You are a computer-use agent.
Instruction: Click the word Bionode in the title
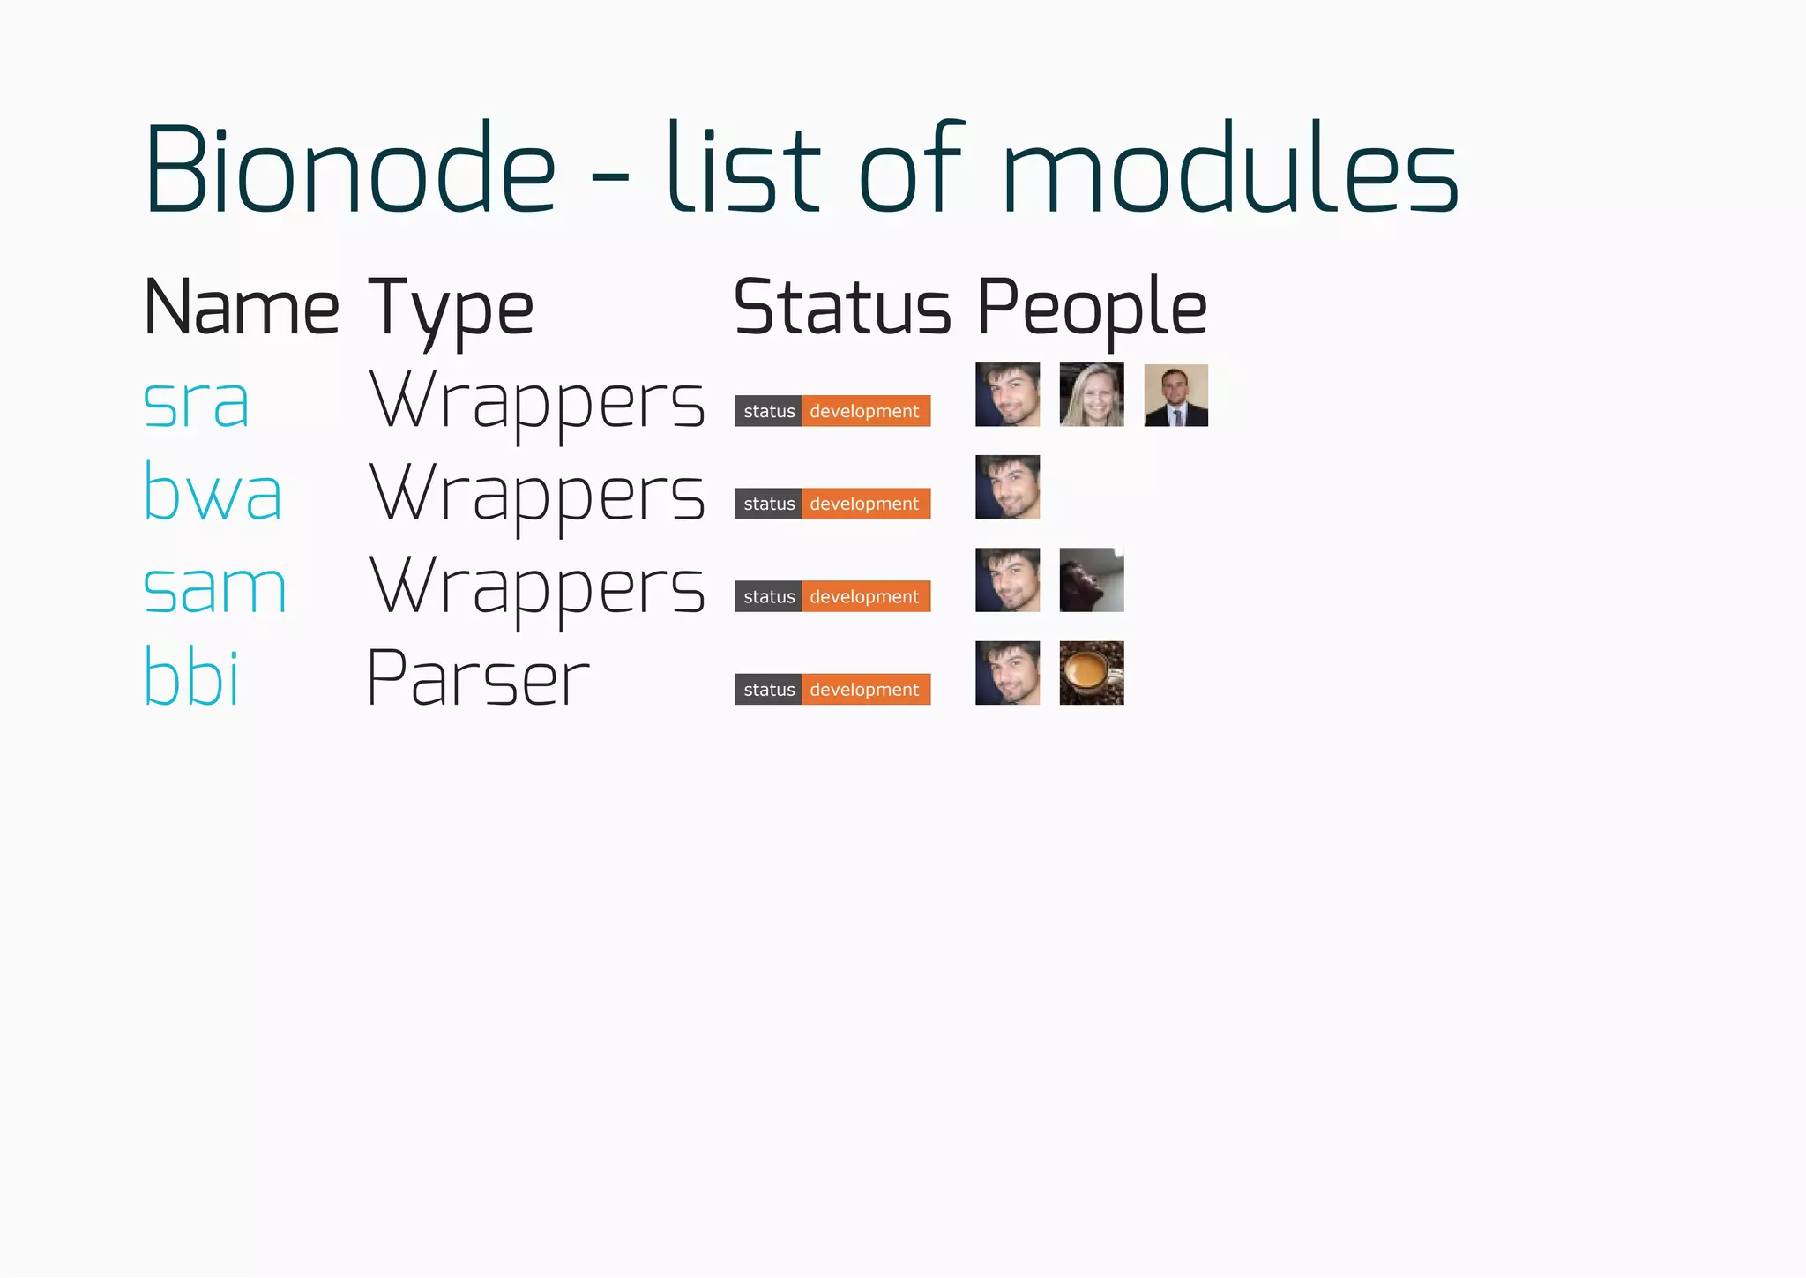tap(350, 169)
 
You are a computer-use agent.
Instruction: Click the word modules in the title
tap(1230, 169)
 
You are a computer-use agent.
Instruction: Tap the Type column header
tap(451, 309)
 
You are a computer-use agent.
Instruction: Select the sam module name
tap(215, 587)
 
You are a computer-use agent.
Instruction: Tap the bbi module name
tap(191, 677)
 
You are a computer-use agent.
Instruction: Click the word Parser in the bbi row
tap(477, 678)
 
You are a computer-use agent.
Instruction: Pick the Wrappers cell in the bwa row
tap(537, 494)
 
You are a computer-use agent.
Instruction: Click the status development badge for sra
tap(832, 411)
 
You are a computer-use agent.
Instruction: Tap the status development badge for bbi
tap(832, 690)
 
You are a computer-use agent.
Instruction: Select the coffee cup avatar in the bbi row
tap(1092, 673)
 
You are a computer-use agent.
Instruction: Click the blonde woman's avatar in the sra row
tap(1092, 394)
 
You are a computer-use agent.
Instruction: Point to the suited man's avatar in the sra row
tap(1175, 395)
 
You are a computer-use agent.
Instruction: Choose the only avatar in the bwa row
tap(1007, 487)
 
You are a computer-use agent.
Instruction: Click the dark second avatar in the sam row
tap(1092, 580)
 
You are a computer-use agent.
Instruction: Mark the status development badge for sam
tap(832, 596)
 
